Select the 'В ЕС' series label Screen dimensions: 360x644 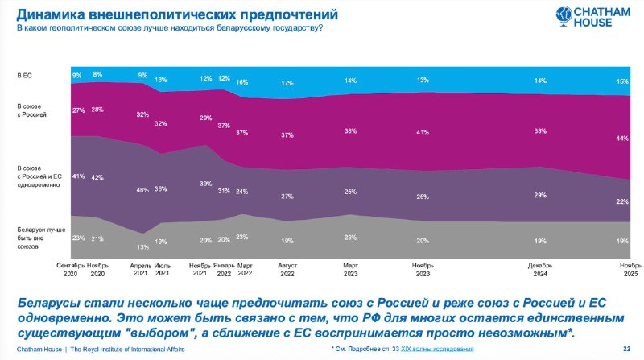pyautogui.click(x=25, y=75)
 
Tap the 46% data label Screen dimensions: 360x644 pyautogui.click(x=142, y=189)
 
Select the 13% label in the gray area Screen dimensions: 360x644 pyautogui.click(x=142, y=246)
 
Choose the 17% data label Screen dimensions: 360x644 pyautogui.click(x=287, y=83)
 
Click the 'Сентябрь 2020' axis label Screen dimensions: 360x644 pyautogui.click(x=71, y=269)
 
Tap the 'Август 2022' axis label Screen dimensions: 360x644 pyautogui.click(x=287, y=269)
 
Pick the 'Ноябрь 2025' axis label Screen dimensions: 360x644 pyautogui.click(x=629, y=269)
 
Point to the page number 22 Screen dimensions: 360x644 pyautogui.click(x=627, y=349)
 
